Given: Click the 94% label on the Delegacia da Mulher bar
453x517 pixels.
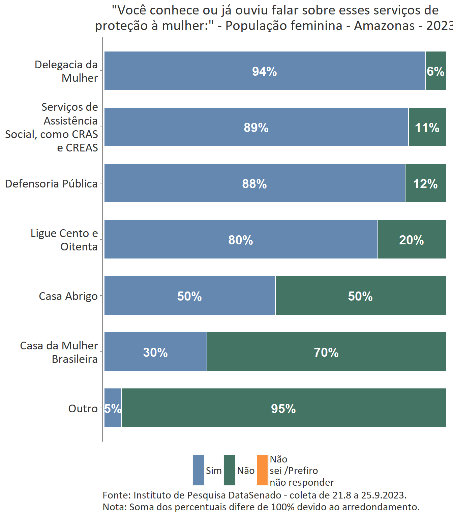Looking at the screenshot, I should pyautogui.click(x=265, y=71).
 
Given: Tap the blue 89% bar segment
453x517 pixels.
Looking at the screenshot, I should pyautogui.click(x=256, y=127).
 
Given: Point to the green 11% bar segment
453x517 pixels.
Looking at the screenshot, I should pyautogui.click(x=427, y=127).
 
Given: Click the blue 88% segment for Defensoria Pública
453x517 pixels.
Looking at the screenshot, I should pyautogui.click(x=254, y=183).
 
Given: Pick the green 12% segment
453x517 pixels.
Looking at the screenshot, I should pyautogui.click(x=425, y=183).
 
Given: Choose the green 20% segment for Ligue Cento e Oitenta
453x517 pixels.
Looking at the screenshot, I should pyautogui.click(x=412, y=240).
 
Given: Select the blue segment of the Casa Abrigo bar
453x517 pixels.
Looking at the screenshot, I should pyautogui.click(x=189, y=296).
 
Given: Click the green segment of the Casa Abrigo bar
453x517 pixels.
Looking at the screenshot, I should pyautogui.click(x=360, y=296).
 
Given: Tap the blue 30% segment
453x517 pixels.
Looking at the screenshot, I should pyautogui.click(x=155, y=352).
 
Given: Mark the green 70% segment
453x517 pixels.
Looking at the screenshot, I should pyautogui.click(x=326, y=352).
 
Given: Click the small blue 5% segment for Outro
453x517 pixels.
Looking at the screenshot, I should pyautogui.click(x=113, y=408).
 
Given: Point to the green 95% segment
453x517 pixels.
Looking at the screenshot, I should pyautogui.click(x=283, y=408).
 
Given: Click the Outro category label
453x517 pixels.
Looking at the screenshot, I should pyautogui.click(x=83, y=409).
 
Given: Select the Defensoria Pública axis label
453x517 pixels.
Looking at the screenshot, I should pyautogui.click(x=51, y=184).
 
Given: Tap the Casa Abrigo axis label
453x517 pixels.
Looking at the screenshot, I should pyautogui.click(x=68, y=296).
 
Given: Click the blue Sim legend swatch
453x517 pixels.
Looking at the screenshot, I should pyautogui.click(x=199, y=470).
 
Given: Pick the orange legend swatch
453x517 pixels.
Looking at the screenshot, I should pyautogui.click(x=262, y=470).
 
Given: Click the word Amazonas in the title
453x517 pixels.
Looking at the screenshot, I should pyautogui.click(x=384, y=26).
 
